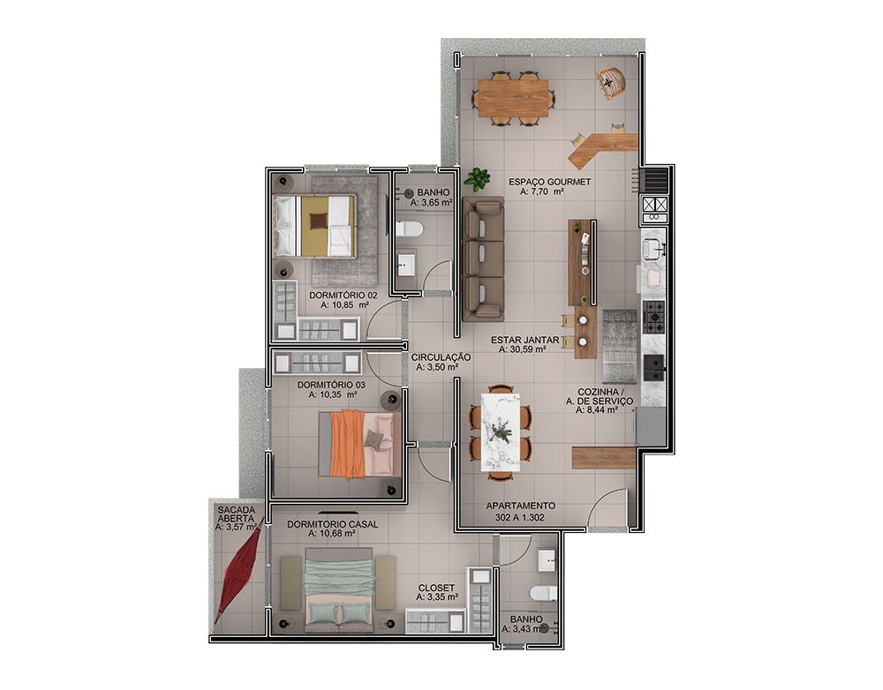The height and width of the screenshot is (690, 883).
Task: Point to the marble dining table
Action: pyautogui.click(x=501, y=432)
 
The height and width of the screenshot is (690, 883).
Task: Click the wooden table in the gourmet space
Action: pyautogui.click(x=511, y=98)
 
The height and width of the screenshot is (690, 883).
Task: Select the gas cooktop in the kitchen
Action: pyautogui.click(x=653, y=316)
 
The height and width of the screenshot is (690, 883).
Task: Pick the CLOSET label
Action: pyautogui.click(x=436, y=589)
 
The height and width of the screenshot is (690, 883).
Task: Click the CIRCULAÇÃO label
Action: pyautogui.click(x=441, y=357)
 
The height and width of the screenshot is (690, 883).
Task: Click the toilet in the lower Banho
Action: pyautogui.click(x=543, y=593)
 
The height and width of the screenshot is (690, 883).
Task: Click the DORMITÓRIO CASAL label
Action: pyautogui.click(x=332, y=524)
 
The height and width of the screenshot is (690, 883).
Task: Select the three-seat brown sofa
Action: pyautogui.click(x=483, y=259)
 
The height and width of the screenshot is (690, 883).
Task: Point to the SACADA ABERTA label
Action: pyautogui.click(x=236, y=514)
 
